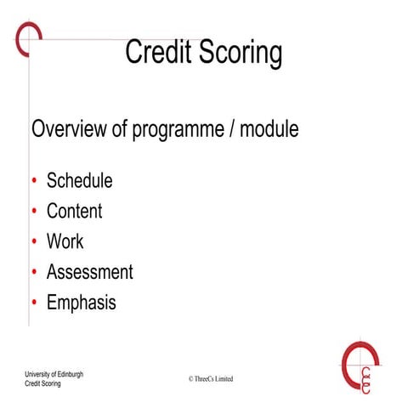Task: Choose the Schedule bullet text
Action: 79,180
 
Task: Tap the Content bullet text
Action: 74,211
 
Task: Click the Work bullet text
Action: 65,241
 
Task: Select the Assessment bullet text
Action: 89,272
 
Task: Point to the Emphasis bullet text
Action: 81,303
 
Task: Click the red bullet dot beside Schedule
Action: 34,181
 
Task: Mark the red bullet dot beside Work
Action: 34,242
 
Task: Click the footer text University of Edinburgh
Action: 54,374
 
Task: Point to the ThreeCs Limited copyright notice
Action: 210,378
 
